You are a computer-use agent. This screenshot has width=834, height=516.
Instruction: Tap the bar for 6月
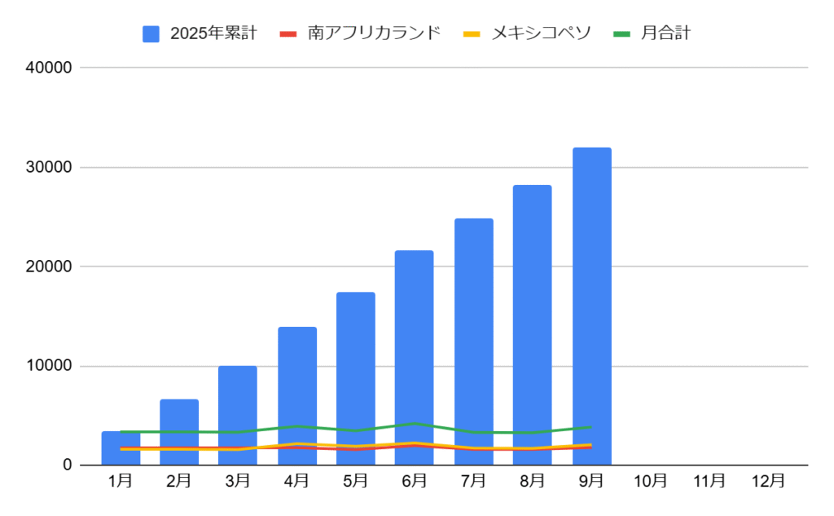pyautogui.click(x=414, y=342)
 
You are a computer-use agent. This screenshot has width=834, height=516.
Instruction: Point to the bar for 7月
pyautogui.click(x=473, y=326)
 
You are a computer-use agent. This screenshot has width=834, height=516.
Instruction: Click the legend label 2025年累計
pyautogui.click(x=213, y=33)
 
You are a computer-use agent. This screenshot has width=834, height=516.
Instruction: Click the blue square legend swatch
pyautogui.click(x=151, y=33)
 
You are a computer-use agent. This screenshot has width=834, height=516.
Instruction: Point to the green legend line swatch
pyautogui.click(x=622, y=33)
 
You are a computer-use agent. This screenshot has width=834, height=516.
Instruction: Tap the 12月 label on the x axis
pyautogui.click(x=768, y=481)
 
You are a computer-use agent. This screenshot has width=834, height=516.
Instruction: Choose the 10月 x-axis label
pyautogui.click(x=650, y=481)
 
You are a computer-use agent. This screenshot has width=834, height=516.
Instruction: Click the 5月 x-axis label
pyautogui.click(x=355, y=481)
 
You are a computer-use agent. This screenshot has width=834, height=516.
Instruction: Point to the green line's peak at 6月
pyautogui.click(x=415, y=423)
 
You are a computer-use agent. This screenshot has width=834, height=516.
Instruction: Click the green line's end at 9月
pyautogui.click(x=591, y=427)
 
